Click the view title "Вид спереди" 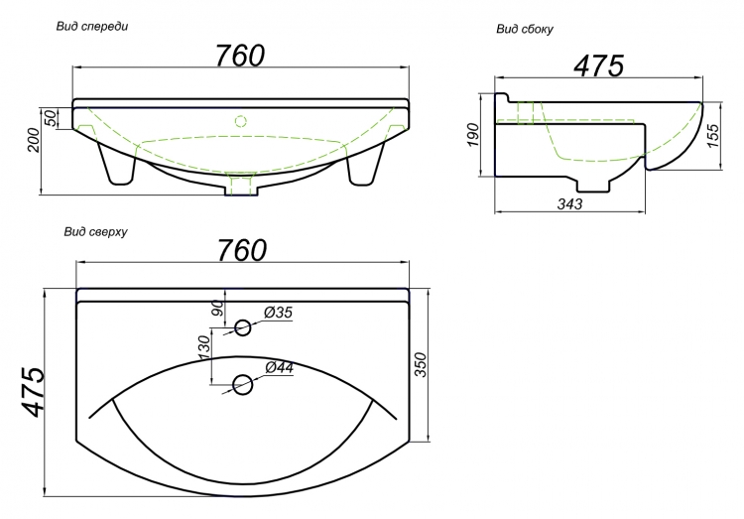[92, 27]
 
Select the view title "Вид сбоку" [525, 30]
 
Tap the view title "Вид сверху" [96, 232]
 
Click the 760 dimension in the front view [240, 56]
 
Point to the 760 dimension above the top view [242, 250]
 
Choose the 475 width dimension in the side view [599, 65]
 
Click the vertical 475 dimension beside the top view [33, 392]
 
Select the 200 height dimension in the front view [33, 140]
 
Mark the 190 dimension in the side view [472, 135]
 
